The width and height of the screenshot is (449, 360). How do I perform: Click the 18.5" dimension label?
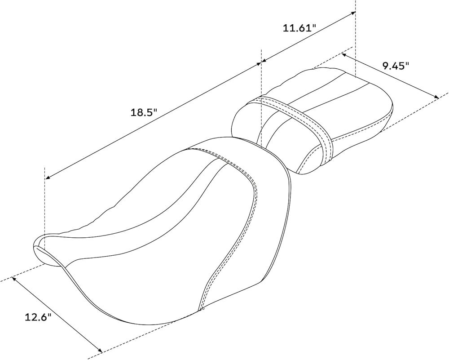(x=144, y=112)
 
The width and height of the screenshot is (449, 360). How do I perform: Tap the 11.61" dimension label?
(x=299, y=28)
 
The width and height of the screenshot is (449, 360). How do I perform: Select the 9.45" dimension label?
(x=396, y=66)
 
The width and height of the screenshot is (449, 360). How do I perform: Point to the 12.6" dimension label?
(x=38, y=317)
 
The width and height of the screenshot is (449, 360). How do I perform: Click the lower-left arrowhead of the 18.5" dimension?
(x=48, y=178)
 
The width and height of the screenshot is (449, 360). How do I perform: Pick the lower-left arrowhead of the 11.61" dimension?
(x=264, y=61)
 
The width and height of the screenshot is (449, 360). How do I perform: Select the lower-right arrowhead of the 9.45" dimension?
(x=436, y=97)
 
